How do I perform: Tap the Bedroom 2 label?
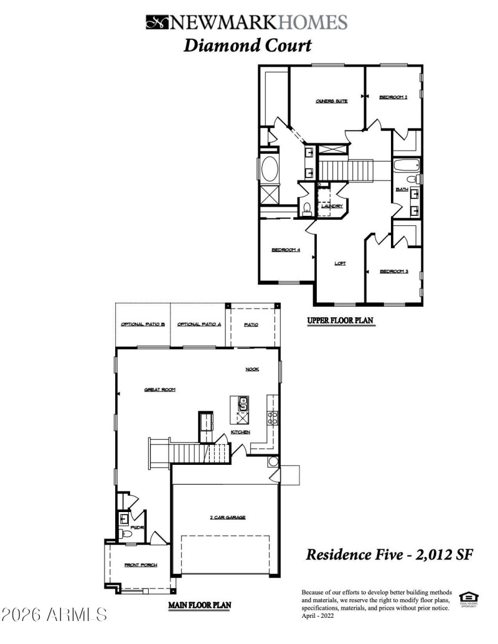393,97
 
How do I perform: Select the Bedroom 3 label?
393,271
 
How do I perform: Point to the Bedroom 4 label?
286,250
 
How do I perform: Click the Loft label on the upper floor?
340,263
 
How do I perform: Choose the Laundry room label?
332,206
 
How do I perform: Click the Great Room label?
159,390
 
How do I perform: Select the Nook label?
251,369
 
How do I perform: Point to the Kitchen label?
241,432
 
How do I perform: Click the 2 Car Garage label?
227,517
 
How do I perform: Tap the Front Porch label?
140,565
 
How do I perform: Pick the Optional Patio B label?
143,325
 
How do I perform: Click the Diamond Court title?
247,45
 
